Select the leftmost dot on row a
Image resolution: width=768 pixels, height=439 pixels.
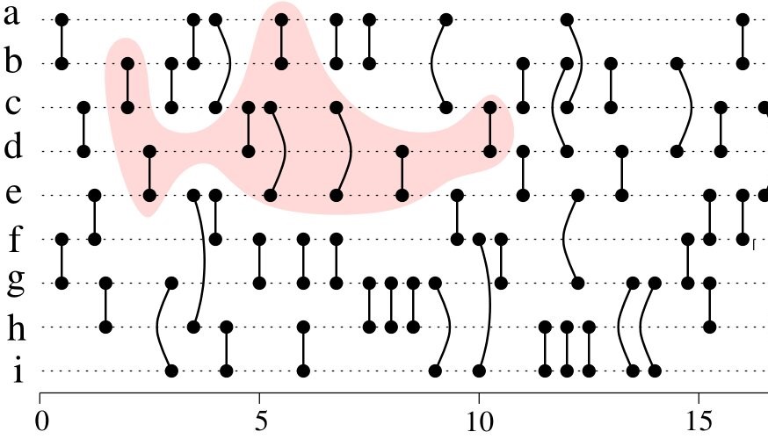pyautogui.click(x=62, y=19)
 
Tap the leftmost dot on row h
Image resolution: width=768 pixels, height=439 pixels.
pyautogui.click(x=105, y=327)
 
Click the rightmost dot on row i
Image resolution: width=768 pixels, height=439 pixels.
pyautogui.click(x=655, y=371)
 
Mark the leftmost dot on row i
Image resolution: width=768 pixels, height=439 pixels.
pyautogui.click(x=171, y=371)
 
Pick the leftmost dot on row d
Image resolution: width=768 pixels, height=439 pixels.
pyautogui.click(x=83, y=151)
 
